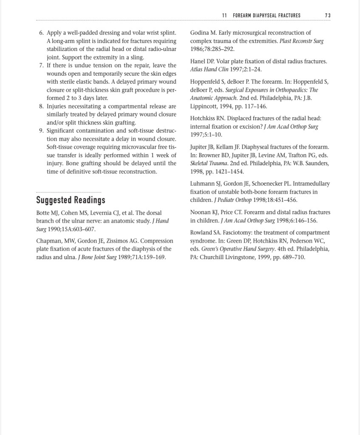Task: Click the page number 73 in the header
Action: tap(327, 15)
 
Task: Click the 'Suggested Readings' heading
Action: tap(71, 200)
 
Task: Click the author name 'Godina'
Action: tap(200, 33)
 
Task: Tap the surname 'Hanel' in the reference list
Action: tap(198, 61)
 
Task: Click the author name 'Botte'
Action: tap(44, 213)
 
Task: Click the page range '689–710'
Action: tap(294, 257)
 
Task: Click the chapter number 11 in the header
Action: tap(224, 15)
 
